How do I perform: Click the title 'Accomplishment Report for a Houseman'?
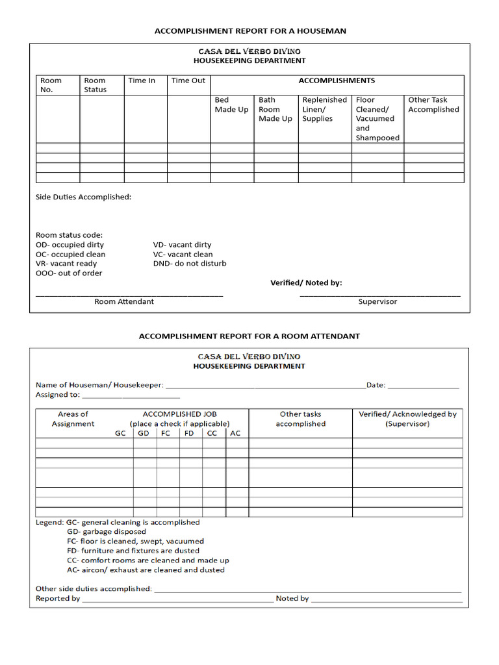tap(249, 31)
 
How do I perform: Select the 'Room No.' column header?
tap(51, 85)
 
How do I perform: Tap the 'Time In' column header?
tap(142, 81)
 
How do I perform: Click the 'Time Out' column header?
tap(188, 81)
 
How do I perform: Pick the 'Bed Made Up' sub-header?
tap(231, 105)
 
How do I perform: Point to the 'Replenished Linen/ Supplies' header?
tap(324, 109)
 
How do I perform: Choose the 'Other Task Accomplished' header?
tap(433, 105)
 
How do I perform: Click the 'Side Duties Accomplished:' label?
tap(83, 197)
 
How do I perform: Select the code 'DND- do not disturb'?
tap(190, 264)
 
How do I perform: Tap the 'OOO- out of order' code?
tap(69, 273)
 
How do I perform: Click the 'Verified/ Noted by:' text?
tap(306, 282)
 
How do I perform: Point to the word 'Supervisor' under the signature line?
tap(377, 301)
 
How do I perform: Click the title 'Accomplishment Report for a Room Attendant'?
tap(249, 336)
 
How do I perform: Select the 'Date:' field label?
tap(376, 385)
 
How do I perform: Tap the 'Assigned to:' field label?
tap(58, 394)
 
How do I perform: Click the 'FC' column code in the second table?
tap(166, 433)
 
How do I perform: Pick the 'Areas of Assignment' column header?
tap(73, 419)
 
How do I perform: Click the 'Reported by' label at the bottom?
tap(58, 598)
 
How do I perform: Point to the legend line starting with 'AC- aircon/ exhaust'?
tap(146, 570)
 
